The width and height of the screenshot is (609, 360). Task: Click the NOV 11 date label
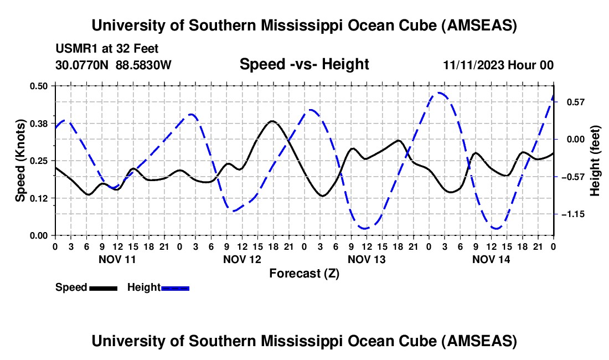tap(117, 259)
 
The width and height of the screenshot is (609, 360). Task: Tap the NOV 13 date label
tap(367, 259)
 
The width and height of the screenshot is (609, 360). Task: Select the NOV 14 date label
tap(491, 259)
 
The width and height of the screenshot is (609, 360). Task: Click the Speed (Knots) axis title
tap(20, 160)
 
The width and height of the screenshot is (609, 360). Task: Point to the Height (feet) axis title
tap(595, 161)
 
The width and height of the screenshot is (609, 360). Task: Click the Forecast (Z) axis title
tap(304, 273)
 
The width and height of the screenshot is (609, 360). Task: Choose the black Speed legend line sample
tap(103, 288)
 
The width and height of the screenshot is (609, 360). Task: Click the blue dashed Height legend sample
tap(175, 288)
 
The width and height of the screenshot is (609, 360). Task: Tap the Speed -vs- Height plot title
tap(304, 65)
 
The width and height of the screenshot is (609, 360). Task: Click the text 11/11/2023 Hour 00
tap(498, 65)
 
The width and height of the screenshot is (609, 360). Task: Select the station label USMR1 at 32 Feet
tap(107, 49)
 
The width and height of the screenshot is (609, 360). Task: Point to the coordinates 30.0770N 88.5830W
tap(113, 65)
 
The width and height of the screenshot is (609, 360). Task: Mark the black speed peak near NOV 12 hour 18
tap(272, 121)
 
